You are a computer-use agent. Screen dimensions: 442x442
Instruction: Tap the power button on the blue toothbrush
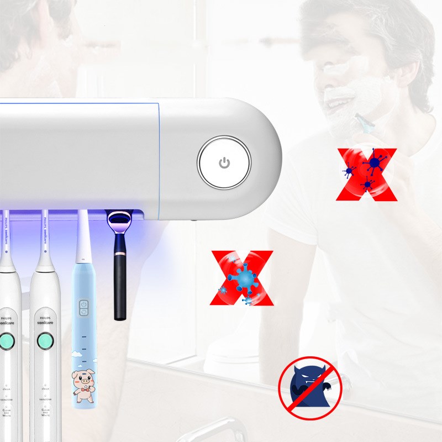point(84,304)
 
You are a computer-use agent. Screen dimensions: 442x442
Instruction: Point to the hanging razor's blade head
point(119,220)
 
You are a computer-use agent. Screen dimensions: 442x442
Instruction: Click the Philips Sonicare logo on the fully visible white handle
point(45,320)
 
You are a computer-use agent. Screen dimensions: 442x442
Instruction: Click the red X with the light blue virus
point(242,278)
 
